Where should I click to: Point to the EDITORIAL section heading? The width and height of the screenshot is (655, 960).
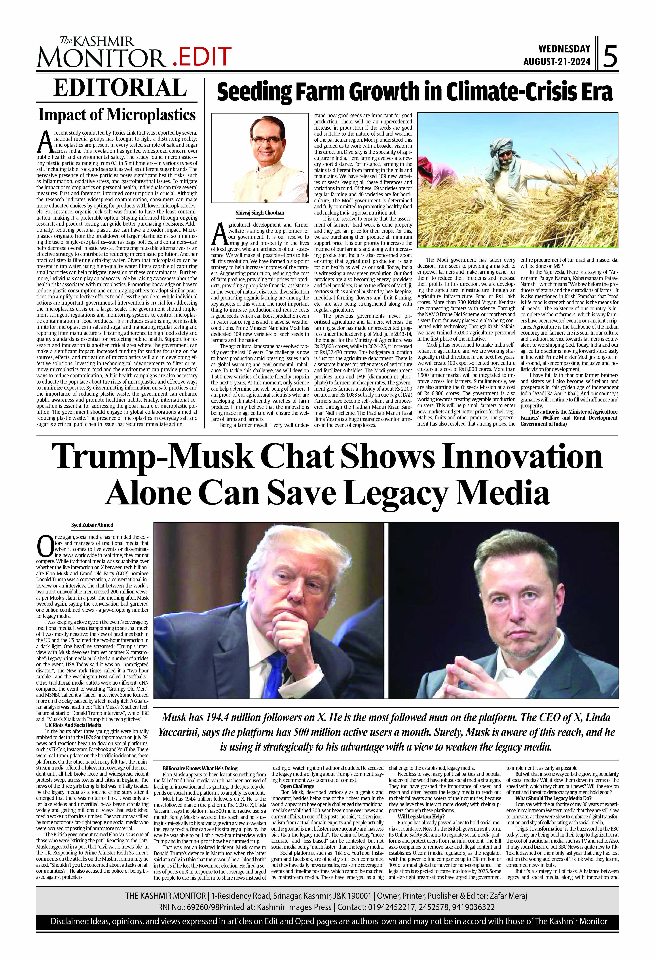click(120, 88)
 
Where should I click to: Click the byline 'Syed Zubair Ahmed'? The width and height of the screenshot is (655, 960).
click(92, 525)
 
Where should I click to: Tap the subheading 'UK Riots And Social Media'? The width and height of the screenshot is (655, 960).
click(73, 725)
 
